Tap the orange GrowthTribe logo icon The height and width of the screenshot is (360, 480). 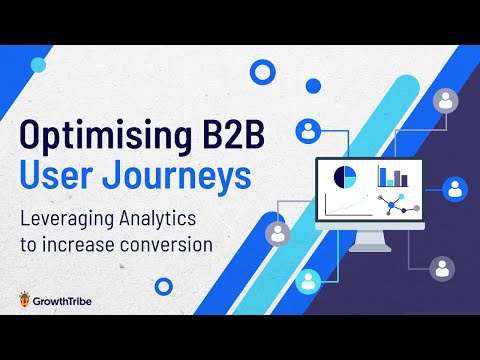(x=24, y=299)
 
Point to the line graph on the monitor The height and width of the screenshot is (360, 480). (x=345, y=206)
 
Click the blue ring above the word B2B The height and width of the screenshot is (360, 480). (x=263, y=72)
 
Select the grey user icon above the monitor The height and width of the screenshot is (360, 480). (x=445, y=100)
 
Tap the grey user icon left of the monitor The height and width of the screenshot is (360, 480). (x=276, y=233)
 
